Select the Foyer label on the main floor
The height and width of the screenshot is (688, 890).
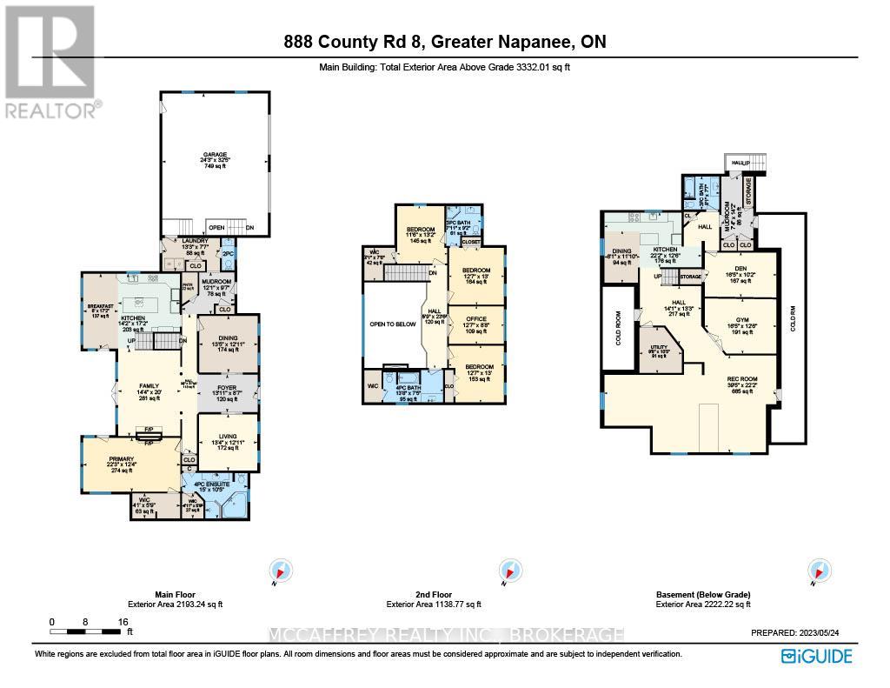pyautogui.click(x=228, y=388)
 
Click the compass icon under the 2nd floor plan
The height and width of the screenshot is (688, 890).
pyautogui.click(x=506, y=571)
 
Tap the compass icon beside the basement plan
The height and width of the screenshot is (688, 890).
pyautogui.click(x=817, y=571)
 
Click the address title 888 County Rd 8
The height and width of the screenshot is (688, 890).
pyautogui.click(x=444, y=42)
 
